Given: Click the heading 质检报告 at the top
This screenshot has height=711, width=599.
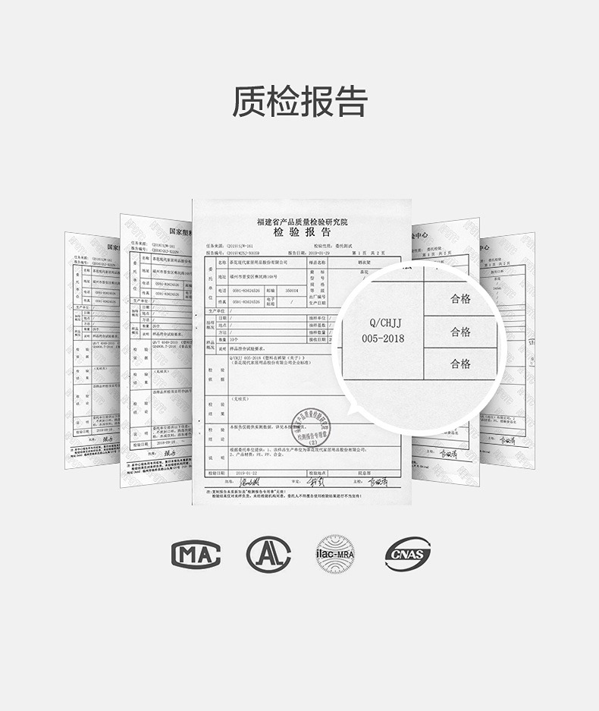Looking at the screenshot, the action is (299, 102).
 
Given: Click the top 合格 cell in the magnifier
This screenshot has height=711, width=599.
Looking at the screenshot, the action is (460, 298).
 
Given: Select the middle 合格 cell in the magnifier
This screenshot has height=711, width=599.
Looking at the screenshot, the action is (460, 332).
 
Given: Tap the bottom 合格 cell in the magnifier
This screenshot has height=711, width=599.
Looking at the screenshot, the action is (460, 364).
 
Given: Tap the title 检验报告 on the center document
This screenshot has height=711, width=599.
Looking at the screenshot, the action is (301, 232).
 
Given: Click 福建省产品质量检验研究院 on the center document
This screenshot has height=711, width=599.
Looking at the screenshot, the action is (301, 221).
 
